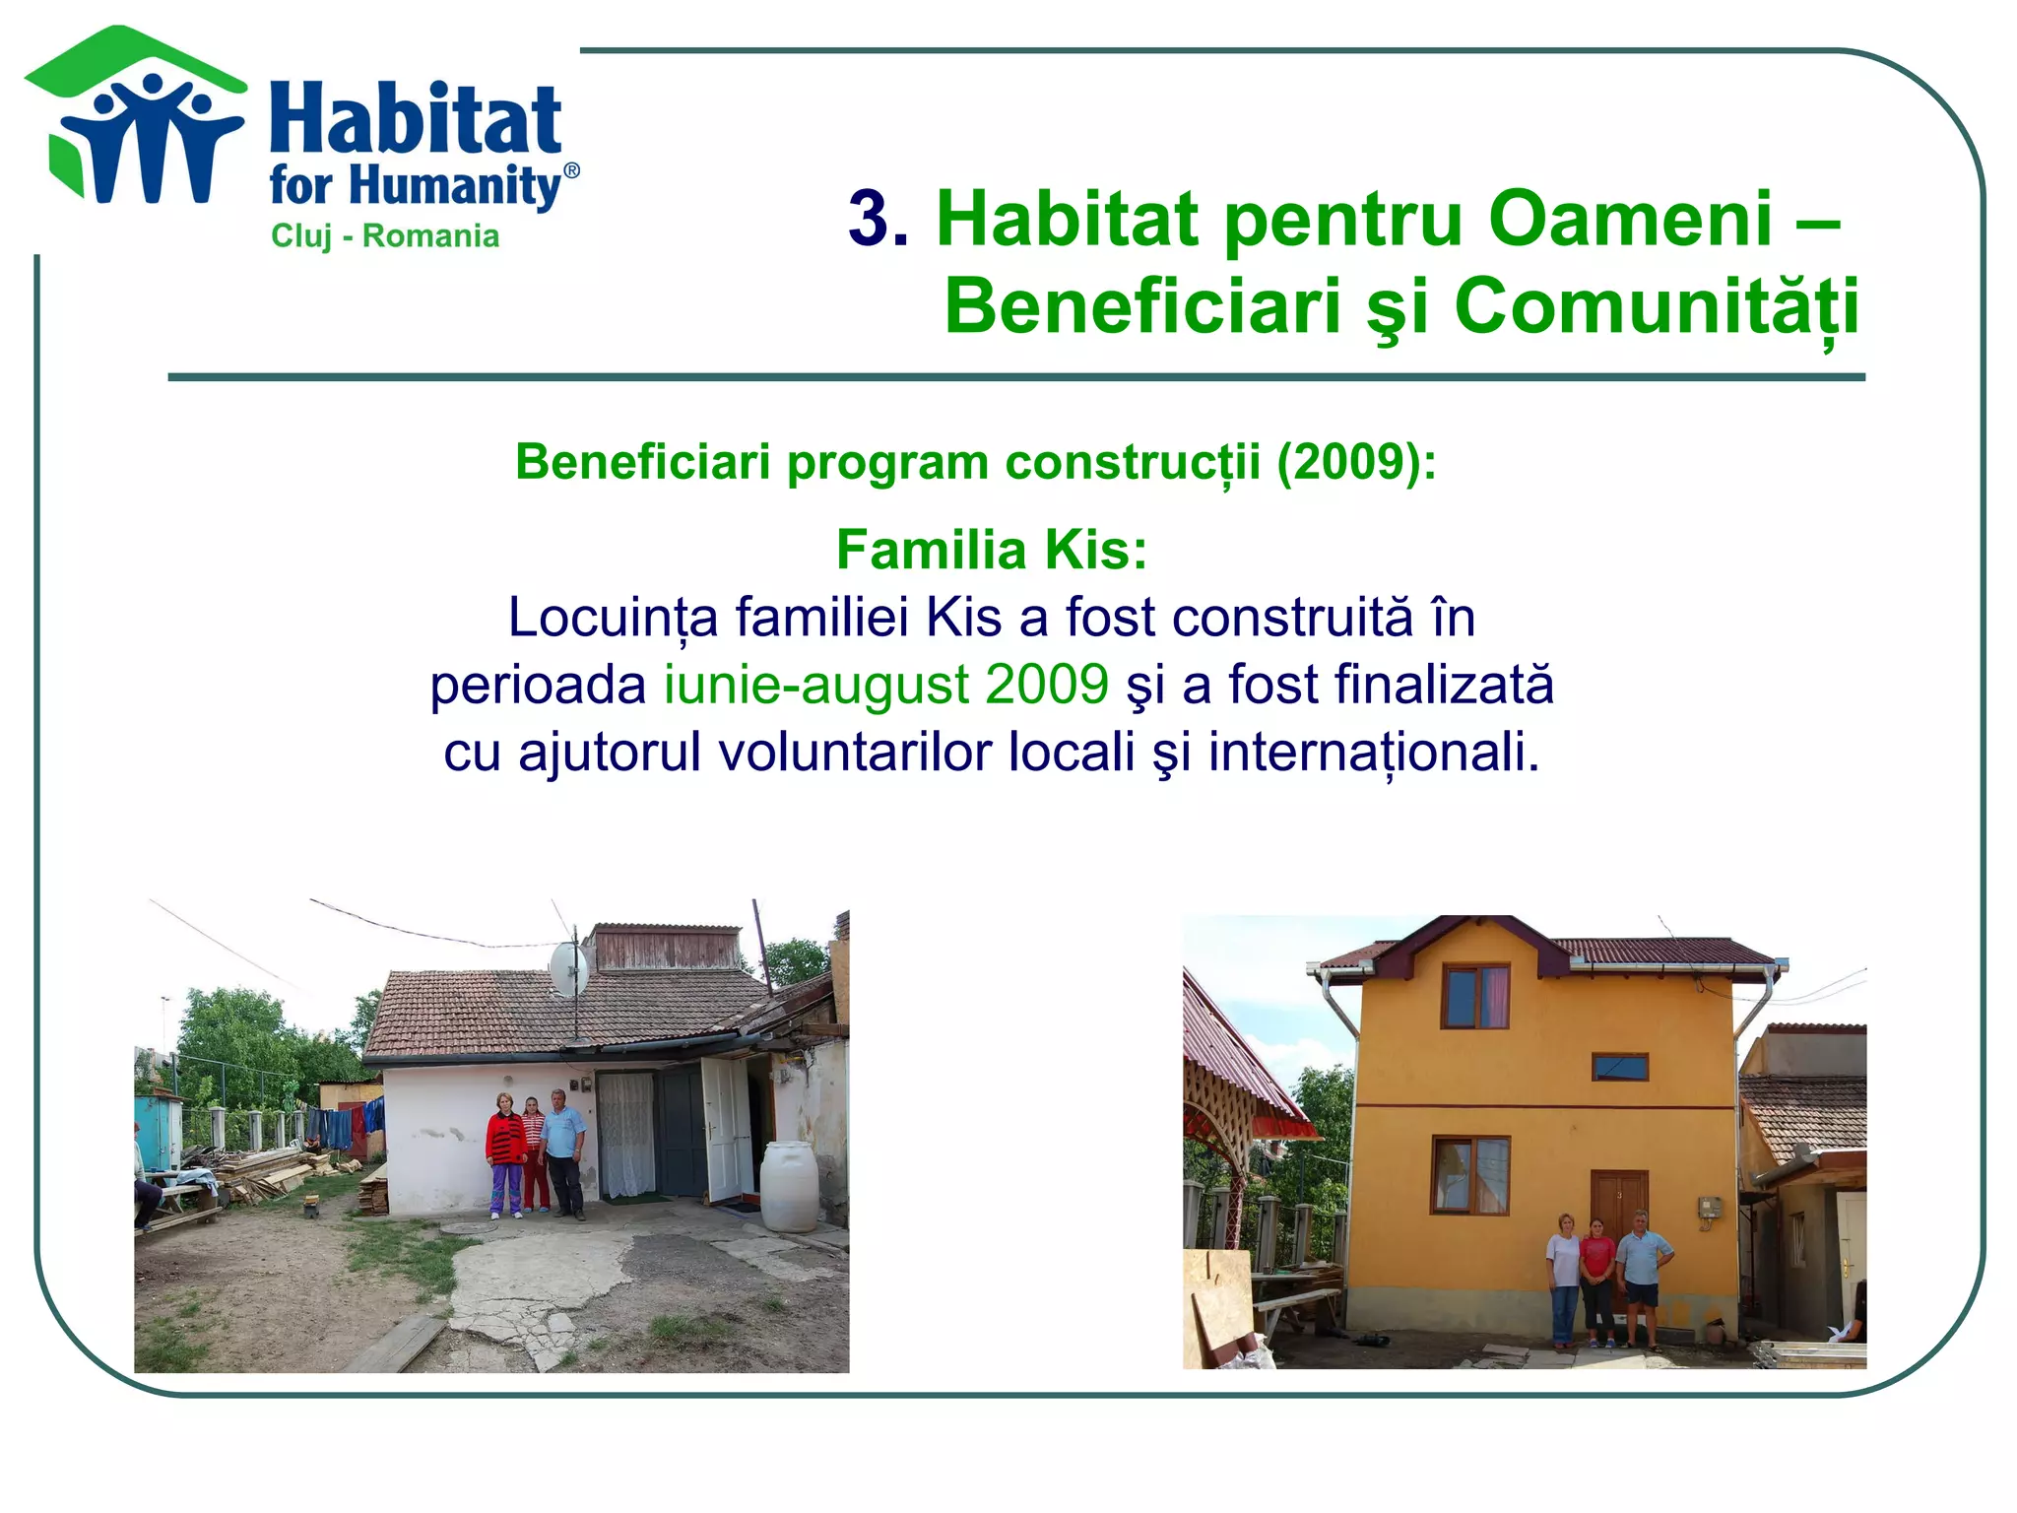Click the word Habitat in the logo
pos(415,120)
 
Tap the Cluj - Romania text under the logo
pos(385,236)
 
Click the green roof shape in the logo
pos(133,59)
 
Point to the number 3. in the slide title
pos(878,219)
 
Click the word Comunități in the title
pos(1656,306)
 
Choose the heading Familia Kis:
pos(992,549)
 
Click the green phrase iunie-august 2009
pos(886,684)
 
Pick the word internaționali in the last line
pos(1373,752)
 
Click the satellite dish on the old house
pos(568,967)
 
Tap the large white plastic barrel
pos(789,1185)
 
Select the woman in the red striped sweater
pos(505,1152)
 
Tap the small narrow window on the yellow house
pos(1620,1066)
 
